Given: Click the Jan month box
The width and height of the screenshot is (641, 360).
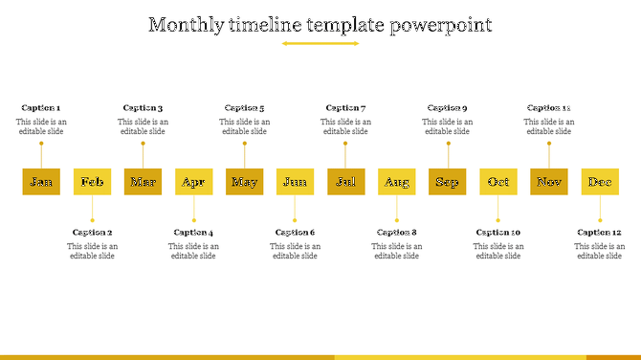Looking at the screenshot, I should (x=41, y=182).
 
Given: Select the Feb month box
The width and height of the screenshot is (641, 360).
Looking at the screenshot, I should (x=92, y=182).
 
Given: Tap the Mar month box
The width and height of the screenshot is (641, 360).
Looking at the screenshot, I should (x=143, y=182).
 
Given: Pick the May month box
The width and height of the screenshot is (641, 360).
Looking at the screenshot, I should (x=244, y=182).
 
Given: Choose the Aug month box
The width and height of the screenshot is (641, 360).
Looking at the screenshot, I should (x=396, y=182).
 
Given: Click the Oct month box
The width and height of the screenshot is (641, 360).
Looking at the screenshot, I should (x=498, y=182).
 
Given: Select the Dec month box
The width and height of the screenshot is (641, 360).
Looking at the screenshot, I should (x=600, y=182).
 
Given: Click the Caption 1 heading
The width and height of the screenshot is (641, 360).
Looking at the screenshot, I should (x=40, y=108).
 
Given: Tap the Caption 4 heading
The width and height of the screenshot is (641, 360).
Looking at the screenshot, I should (x=193, y=233).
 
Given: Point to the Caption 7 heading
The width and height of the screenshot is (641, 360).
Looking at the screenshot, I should (x=345, y=108).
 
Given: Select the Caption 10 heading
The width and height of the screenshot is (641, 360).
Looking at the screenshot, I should (x=498, y=233).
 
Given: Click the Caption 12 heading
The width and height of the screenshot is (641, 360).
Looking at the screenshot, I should (x=600, y=233).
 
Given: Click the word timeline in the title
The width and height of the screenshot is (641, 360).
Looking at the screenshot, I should (x=266, y=25).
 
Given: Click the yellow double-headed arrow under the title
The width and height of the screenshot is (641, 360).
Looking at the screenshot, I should (x=320, y=43).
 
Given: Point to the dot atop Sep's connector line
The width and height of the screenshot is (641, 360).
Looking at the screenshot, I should (x=448, y=144).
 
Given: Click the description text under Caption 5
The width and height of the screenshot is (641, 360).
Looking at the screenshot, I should (x=244, y=126).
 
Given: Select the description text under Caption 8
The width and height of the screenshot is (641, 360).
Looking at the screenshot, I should (x=396, y=251).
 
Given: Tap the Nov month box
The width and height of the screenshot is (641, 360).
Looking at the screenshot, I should (x=549, y=182).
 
